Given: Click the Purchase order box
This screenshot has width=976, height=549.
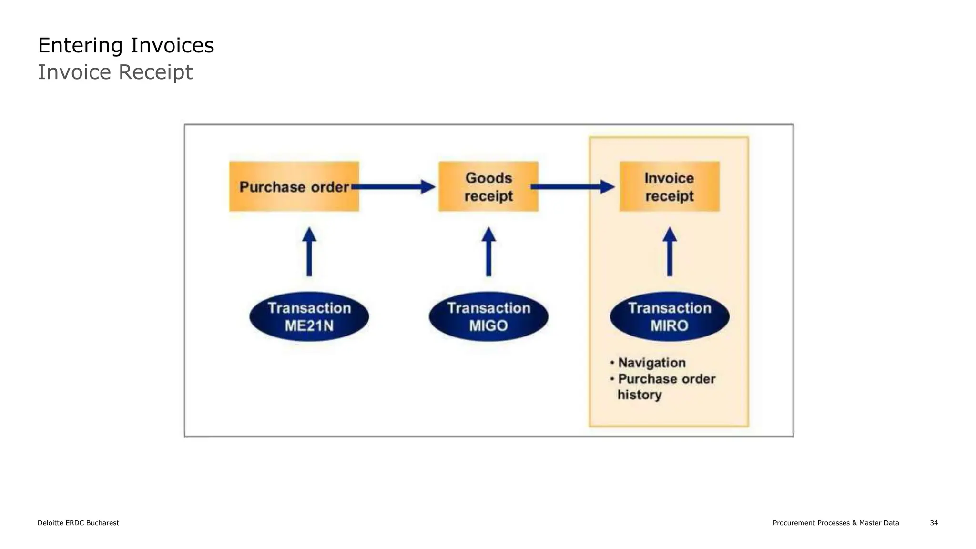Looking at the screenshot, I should point(294,186).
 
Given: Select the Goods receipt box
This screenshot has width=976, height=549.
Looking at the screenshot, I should point(488,186).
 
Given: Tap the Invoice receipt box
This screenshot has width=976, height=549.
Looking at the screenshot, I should point(669,186).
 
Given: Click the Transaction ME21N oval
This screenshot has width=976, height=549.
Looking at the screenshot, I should point(309,316).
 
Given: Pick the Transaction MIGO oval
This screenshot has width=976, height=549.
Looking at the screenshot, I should point(488,316).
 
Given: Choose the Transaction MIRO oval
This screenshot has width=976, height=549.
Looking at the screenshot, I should point(670,316).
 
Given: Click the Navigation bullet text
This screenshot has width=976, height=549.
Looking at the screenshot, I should point(651,363).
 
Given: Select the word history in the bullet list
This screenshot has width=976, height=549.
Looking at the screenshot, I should point(640,395).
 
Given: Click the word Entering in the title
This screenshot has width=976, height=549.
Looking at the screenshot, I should point(80,46).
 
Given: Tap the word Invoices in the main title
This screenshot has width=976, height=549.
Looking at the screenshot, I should point(172,46).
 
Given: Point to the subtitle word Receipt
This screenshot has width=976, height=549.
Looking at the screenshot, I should point(155,72).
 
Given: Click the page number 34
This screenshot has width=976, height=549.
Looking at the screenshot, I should point(934,523).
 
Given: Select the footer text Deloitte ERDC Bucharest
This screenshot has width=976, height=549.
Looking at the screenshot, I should point(78,523).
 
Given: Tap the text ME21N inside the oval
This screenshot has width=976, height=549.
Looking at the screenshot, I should point(309,326).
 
